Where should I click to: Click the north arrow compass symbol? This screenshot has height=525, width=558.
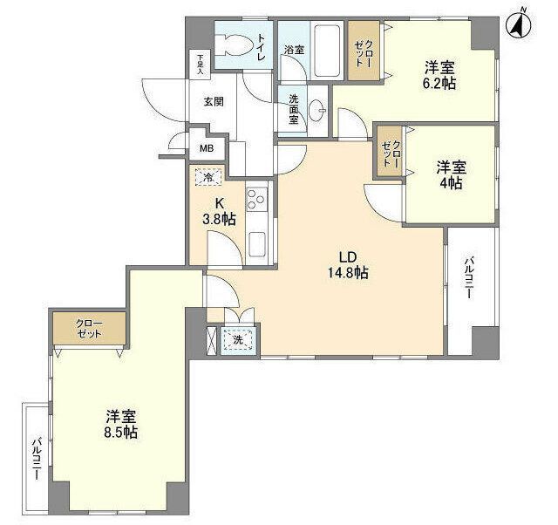(519, 24)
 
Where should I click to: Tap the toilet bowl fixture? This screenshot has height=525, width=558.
(232, 44)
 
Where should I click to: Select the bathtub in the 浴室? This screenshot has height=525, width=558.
(328, 51)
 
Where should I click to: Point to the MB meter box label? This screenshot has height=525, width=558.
(207, 148)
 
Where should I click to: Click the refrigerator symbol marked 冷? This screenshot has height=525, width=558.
(209, 176)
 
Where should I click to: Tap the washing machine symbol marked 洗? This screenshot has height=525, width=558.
(237, 340)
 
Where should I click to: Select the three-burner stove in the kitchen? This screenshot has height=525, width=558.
(257, 199)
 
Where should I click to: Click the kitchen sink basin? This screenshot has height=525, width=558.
(257, 244)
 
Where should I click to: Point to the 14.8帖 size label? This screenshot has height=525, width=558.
(348, 273)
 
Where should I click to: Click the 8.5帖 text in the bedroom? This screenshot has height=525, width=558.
(120, 432)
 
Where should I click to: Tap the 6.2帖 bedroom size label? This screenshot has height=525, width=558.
(439, 84)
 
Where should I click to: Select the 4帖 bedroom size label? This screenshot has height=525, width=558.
(452, 183)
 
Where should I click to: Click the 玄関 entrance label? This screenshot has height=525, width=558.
(214, 102)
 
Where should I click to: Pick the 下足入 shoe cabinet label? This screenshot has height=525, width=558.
(201, 64)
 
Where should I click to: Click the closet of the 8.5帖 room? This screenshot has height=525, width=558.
(89, 328)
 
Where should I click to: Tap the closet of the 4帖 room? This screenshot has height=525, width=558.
(390, 151)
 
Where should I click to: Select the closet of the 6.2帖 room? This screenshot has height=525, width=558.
(364, 51)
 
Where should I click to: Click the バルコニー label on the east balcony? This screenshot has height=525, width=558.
(468, 277)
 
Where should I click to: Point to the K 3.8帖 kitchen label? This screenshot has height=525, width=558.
(219, 212)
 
